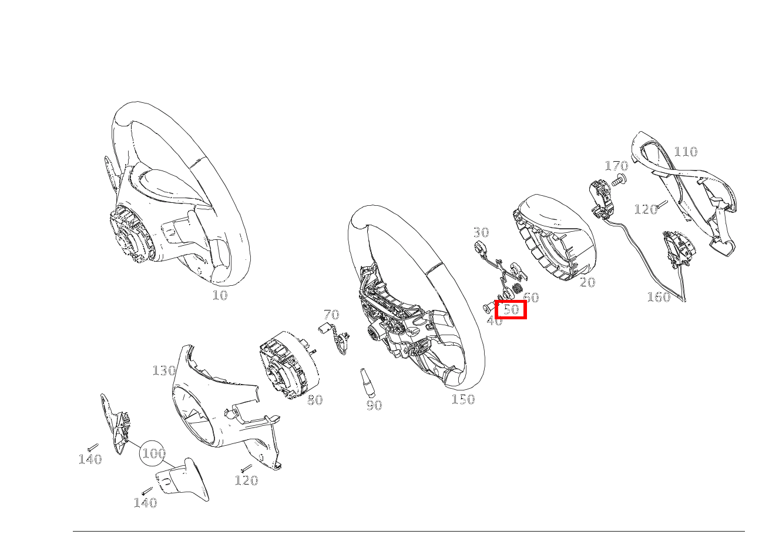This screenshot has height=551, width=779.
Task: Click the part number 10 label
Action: pos(220,296)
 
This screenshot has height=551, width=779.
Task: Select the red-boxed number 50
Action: pos(511,309)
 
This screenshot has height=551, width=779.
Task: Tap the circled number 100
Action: pos(153,453)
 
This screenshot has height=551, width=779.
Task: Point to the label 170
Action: pos(616,166)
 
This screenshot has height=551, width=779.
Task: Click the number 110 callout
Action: pos(686,152)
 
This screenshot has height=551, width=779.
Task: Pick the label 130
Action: pos(164,370)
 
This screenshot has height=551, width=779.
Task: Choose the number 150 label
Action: pos(463,399)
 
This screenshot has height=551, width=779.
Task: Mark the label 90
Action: pos(374,405)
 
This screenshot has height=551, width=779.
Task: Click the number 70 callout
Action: pos(331,315)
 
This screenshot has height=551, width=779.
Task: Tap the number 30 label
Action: pos(481,232)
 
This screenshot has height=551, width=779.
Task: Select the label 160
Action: pos(659,297)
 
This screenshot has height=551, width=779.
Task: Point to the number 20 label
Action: pos(587,282)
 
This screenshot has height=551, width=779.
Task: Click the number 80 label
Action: pos(315,400)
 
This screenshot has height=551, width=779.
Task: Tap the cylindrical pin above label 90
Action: pos(367,383)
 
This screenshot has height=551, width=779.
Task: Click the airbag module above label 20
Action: pos(555,237)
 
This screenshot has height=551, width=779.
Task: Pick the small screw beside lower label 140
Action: pos(147,491)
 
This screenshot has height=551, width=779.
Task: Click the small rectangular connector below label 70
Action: pos(325,328)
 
